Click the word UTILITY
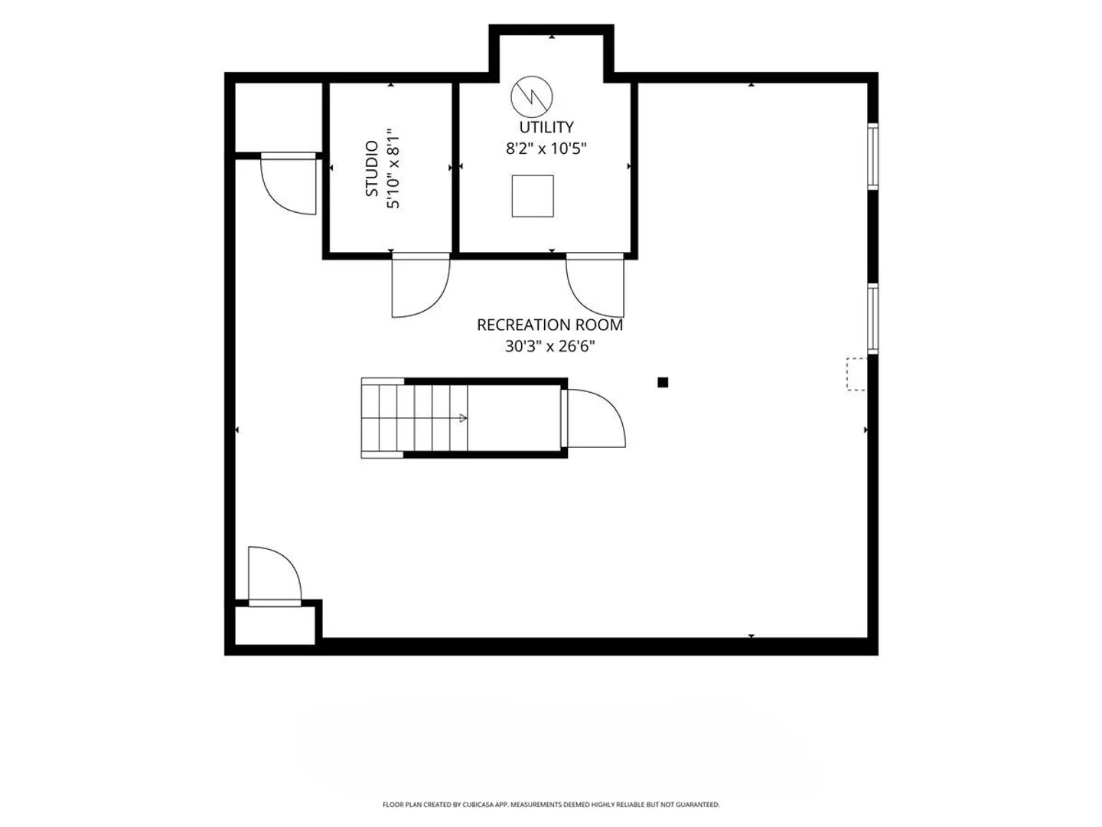[546, 127]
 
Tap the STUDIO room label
[371, 168]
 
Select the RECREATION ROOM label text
[549, 325]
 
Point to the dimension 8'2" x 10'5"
[546, 149]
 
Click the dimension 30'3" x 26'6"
[549, 346]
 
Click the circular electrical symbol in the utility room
[532, 97]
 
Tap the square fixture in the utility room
[533, 196]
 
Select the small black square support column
[663, 383]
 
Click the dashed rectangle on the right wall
[856, 374]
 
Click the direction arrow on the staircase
[463, 418]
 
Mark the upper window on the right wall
[873, 156]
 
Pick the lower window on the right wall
[873, 319]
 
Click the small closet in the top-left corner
[279, 117]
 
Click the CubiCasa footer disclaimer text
[551, 804]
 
